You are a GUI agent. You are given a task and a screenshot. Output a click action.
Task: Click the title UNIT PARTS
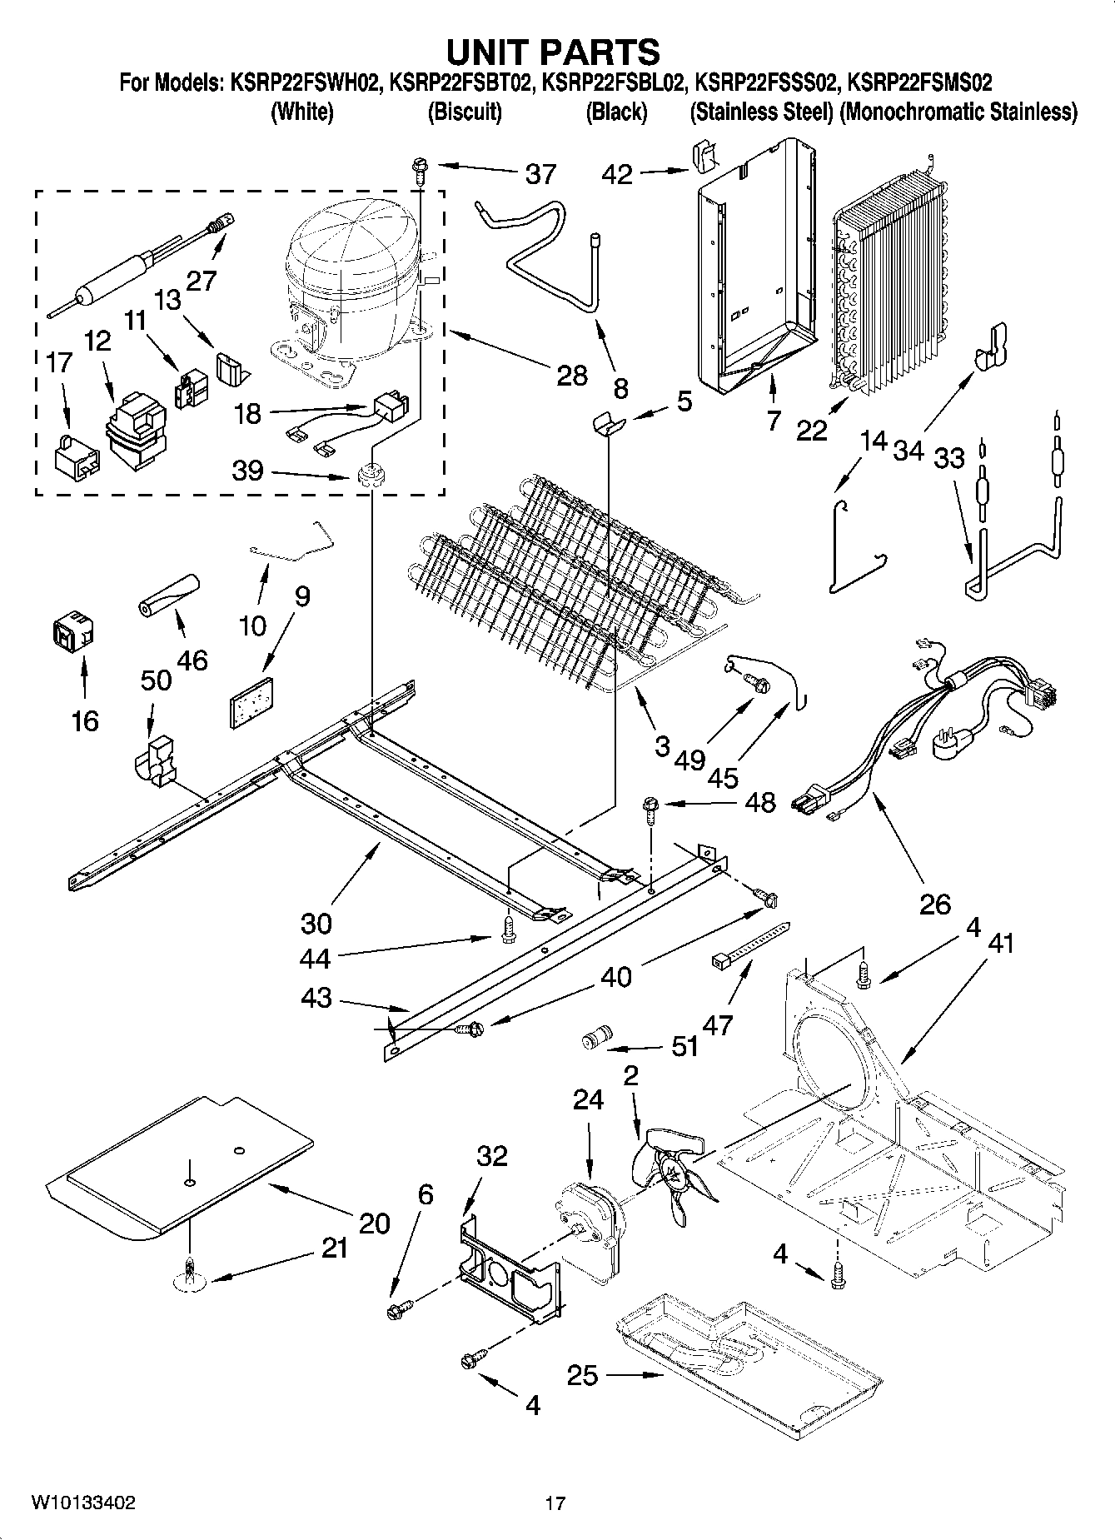point(553,52)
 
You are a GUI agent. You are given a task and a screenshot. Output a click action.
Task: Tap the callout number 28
point(571,376)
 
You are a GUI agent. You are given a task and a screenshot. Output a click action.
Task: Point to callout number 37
point(540,174)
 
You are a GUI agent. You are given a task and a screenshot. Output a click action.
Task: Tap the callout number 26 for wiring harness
point(934,904)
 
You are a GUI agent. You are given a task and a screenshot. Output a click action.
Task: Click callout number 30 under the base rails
point(316,923)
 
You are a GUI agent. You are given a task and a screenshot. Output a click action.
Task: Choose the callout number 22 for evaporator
point(812,430)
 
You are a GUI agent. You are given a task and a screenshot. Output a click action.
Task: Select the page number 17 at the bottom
point(555,1503)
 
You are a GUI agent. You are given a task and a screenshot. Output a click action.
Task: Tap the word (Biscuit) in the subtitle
point(464,112)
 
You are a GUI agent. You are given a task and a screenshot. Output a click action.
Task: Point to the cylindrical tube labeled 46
point(170,595)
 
